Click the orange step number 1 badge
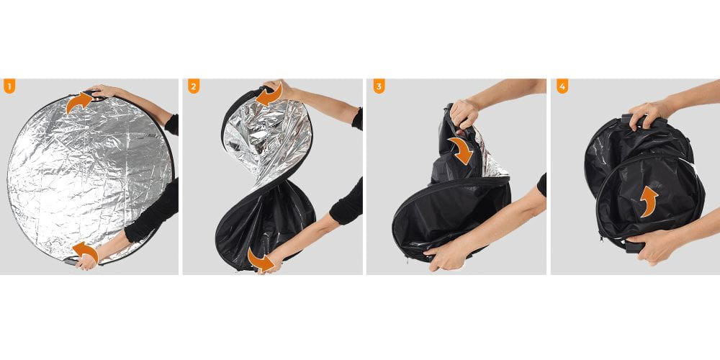point(9,87)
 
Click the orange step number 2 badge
point(193,87)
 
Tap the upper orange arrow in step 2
point(270,96)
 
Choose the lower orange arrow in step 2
point(261,260)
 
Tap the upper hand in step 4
point(652,112)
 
